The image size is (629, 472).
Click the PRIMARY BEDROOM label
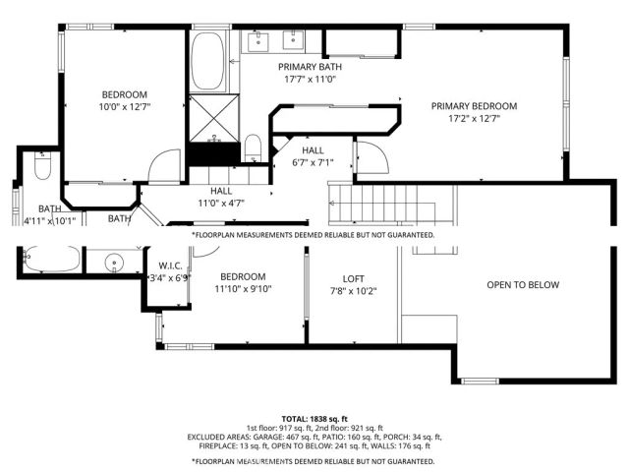pos(474,106)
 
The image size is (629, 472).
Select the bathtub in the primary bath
pos(206,61)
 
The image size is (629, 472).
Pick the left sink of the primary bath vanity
pos(257,40)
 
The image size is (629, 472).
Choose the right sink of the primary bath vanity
pos(294,40)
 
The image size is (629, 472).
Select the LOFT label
pos(353,278)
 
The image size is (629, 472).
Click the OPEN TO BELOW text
pos(522,285)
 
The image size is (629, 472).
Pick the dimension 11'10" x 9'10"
pos(244,289)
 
